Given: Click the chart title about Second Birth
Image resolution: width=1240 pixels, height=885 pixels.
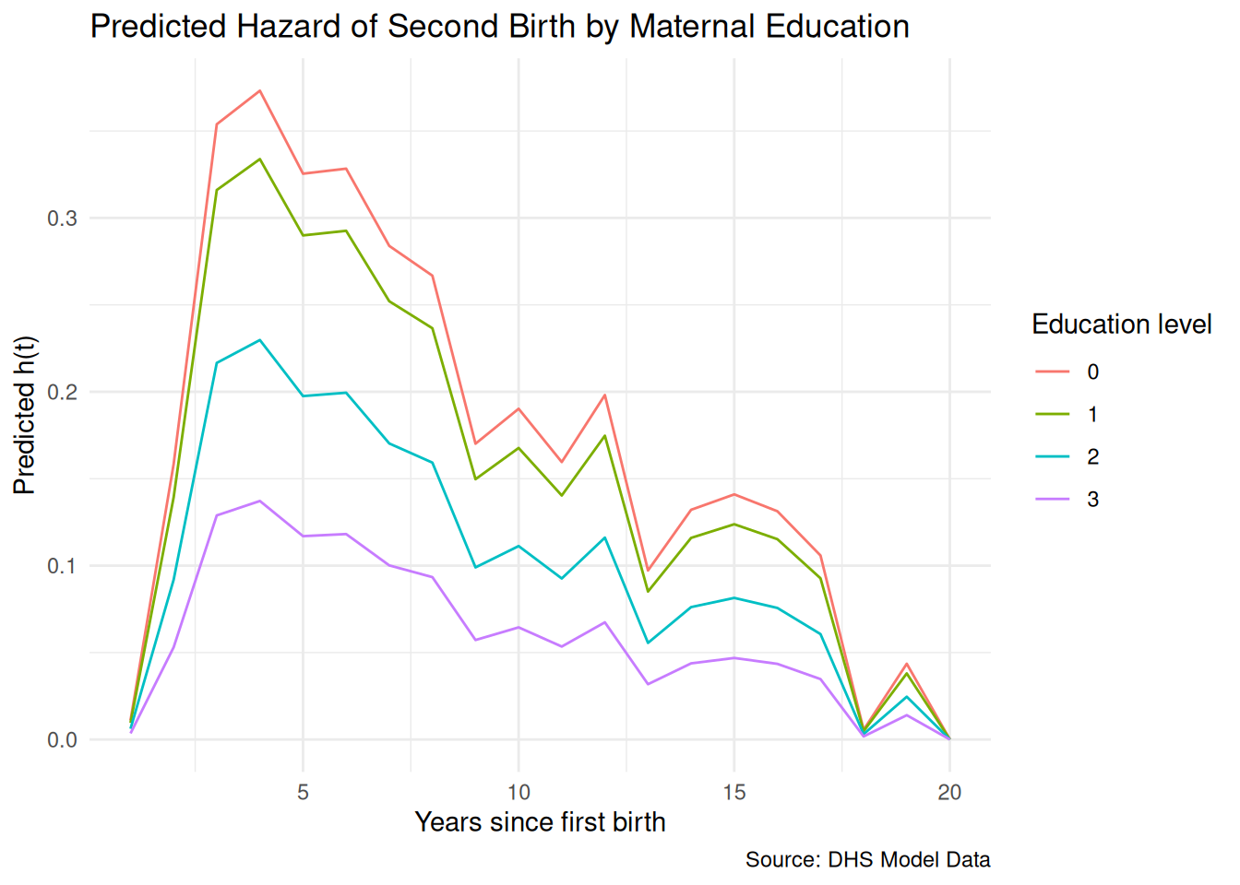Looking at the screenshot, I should tap(499, 27).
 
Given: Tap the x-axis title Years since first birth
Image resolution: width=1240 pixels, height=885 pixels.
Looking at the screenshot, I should tap(540, 821).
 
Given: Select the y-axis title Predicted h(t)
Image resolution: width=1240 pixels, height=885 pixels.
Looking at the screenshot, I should tap(24, 415).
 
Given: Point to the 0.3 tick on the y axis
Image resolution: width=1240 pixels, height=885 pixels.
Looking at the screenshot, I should tap(63, 218).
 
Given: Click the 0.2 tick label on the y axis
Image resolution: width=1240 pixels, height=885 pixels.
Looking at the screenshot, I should tap(63, 392).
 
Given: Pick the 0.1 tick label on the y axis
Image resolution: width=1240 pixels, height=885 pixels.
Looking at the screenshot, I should tap(63, 566).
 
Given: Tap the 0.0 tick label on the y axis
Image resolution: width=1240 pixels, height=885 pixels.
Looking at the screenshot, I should tap(63, 740).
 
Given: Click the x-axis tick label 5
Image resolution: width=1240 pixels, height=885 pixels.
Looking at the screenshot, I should tap(303, 792).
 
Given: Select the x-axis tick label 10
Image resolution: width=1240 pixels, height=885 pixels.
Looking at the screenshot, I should tap(519, 792).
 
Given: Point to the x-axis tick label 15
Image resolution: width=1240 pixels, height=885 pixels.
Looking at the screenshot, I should tap(734, 792).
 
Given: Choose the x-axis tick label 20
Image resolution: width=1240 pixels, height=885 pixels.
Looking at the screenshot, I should tap(949, 792).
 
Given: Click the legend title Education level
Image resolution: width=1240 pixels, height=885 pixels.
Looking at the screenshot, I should tap(1121, 324).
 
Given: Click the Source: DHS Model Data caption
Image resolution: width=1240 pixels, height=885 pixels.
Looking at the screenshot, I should tap(867, 860).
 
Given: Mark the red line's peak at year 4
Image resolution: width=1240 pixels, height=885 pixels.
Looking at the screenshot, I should tap(260, 90).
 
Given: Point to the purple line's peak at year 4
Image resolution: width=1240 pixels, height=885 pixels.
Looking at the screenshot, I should tap(260, 501).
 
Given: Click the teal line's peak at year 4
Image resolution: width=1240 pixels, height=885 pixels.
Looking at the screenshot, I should tap(260, 340).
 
